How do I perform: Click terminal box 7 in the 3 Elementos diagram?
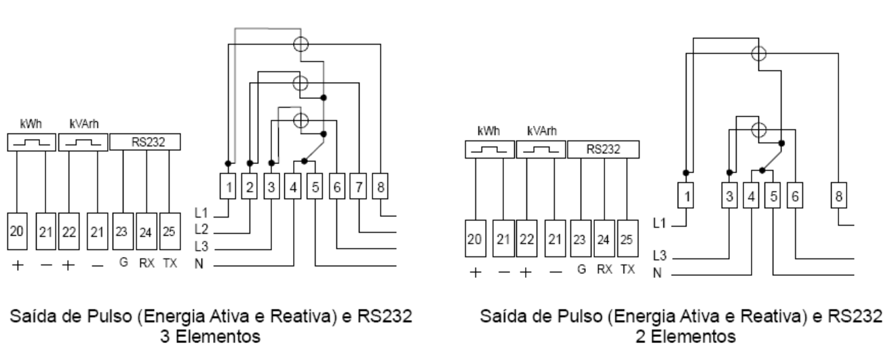click(x=358, y=186)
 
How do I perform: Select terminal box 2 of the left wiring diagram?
click(x=250, y=186)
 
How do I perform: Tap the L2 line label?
click(x=201, y=230)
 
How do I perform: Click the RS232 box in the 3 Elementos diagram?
click(x=145, y=142)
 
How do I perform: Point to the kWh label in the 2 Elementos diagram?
click(x=488, y=131)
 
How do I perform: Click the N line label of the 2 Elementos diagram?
click(x=657, y=273)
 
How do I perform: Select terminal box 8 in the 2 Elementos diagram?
click(x=838, y=195)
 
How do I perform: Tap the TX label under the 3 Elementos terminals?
click(x=170, y=263)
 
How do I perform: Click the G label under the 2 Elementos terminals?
click(x=581, y=270)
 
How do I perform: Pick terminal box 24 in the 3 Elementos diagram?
click(x=146, y=231)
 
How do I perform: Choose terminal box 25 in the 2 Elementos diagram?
click(x=627, y=239)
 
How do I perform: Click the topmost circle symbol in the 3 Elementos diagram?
click(x=300, y=44)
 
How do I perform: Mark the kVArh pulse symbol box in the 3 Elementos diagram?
click(x=83, y=142)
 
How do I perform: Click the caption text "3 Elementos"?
click(x=210, y=336)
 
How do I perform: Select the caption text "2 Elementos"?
click(x=685, y=336)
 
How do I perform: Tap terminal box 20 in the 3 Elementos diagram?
click(x=17, y=231)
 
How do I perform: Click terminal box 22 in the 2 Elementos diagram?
click(x=526, y=239)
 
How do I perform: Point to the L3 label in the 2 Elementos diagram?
click(x=660, y=256)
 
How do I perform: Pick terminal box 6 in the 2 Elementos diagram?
click(x=795, y=195)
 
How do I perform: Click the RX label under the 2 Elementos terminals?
click(x=604, y=270)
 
